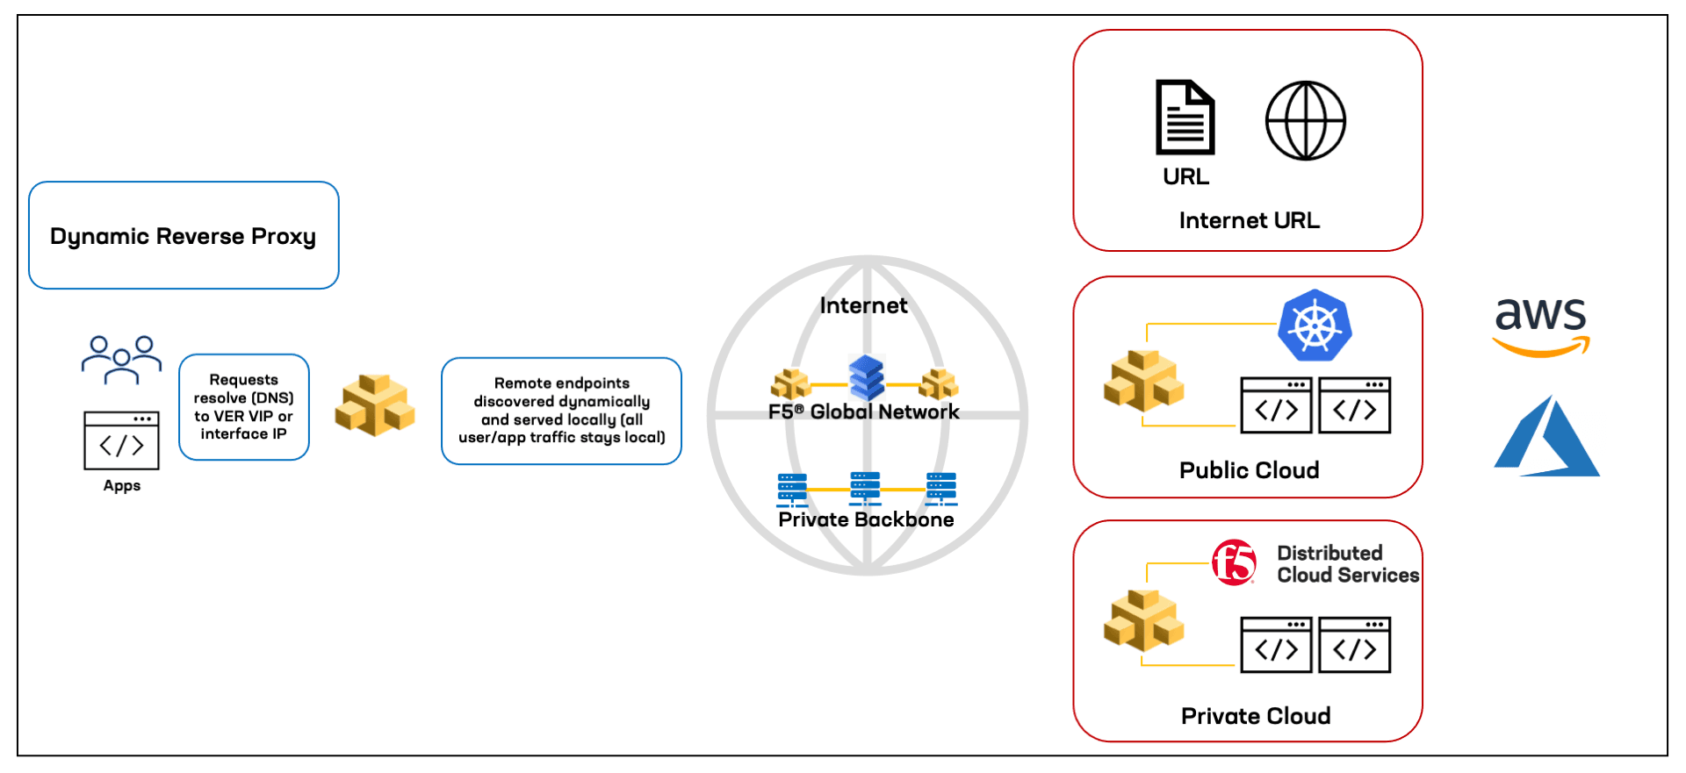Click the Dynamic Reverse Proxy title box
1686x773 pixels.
(183, 235)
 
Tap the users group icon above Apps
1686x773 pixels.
(121, 359)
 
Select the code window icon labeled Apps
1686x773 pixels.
(121, 440)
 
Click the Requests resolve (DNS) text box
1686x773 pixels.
(243, 406)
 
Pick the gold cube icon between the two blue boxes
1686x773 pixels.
(374, 405)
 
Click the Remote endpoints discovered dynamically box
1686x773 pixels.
(561, 410)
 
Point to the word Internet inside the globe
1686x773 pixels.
(863, 305)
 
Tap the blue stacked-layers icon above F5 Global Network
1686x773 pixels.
(866, 376)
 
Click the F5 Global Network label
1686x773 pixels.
(863, 412)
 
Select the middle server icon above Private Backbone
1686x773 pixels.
(865, 488)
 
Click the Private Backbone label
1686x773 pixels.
(866, 519)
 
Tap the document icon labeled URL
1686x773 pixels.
(1185, 118)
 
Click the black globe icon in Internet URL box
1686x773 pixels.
(1305, 121)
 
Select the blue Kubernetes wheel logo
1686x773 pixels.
(1315, 326)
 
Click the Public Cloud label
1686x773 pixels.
(1249, 470)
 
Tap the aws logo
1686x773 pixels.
(1541, 326)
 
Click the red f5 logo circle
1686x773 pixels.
(1234, 562)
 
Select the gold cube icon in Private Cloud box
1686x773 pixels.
(1143, 620)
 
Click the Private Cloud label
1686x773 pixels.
(1255, 716)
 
